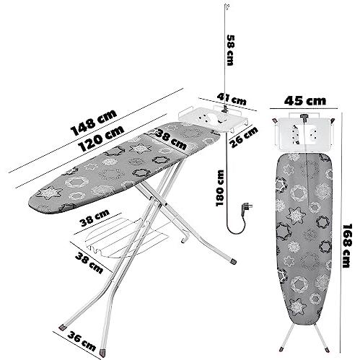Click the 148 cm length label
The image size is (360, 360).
pos(94,123)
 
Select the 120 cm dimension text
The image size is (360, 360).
pos(102,139)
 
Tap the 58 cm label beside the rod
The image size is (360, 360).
pos(230,51)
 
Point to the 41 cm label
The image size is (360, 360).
pos(232,99)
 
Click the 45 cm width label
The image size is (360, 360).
pos(305,101)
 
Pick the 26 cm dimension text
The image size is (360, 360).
pos(244,137)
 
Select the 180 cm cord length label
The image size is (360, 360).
pos(220,188)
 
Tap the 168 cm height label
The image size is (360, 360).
pos(347,246)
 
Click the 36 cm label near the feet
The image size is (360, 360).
pos(82,341)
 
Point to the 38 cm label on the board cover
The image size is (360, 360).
pos(171,139)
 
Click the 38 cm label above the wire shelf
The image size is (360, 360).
pos(95,218)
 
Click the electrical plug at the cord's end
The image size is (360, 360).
pos(247,208)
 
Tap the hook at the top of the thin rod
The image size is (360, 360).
pos(227,6)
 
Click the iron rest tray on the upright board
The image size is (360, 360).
pos(304,132)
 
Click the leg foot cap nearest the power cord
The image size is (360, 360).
pos(233,261)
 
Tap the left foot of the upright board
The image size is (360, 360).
pos(281,348)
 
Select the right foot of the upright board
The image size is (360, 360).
pos(327,350)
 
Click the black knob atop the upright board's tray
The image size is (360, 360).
pos(304,117)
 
